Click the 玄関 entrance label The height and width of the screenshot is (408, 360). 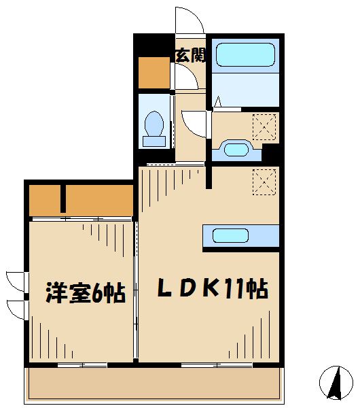(x=190, y=56)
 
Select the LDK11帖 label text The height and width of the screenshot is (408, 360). (x=212, y=289)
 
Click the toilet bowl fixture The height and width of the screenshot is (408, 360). (x=155, y=128)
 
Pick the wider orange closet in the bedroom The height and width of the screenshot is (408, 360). (x=99, y=199)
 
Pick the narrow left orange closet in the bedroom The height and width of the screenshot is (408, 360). (x=46, y=199)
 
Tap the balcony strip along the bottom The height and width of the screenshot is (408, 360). (x=153, y=384)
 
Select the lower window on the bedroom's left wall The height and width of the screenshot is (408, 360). (x=15, y=309)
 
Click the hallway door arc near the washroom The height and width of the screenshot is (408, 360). (x=196, y=123)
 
